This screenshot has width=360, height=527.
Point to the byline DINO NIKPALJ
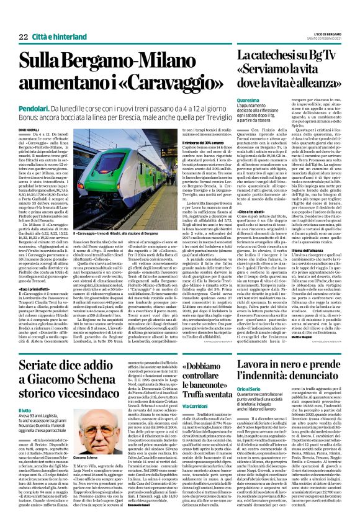30,129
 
